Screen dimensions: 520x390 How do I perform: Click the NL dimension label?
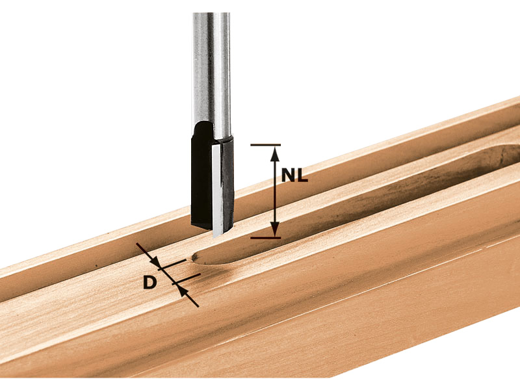click(x=294, y=175)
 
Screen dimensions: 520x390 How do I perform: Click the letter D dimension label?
click(x=150, y=283)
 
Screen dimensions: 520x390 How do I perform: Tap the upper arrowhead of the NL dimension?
click(x=274, y=153)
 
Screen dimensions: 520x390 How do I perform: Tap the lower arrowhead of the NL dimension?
click(x=274, y=229)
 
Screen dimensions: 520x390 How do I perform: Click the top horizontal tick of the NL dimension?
click(x=266, y=145)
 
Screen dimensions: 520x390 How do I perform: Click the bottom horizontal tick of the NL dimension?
click(x=266, y=238)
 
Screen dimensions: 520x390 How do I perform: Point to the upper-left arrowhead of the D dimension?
click(x=155, y=261)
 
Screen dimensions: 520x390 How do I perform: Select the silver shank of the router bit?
click(x=211, y=73)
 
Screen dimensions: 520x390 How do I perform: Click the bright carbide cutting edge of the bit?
click(x=217, y=189)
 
